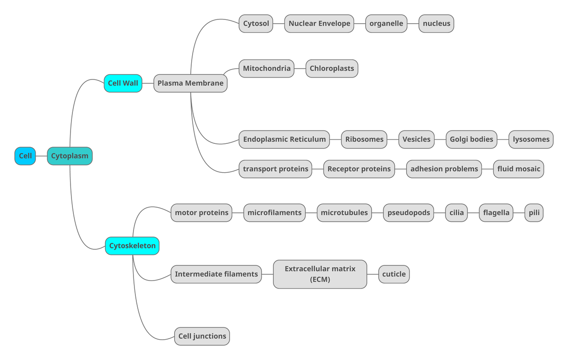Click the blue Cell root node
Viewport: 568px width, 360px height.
coord(25,156)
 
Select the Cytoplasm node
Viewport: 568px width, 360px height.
coord(70,156)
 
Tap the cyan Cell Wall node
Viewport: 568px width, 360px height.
coord(123,83)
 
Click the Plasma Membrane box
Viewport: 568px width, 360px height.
coord(190,83)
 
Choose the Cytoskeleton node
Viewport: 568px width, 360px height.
coord(132,246)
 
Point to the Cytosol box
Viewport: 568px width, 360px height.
coord(256,24)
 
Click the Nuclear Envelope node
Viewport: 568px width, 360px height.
coord(319,24)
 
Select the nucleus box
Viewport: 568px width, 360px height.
coord(436,24)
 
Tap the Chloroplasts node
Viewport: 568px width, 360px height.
coord(332,69)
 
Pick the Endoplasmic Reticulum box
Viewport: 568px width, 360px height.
coord(284,140)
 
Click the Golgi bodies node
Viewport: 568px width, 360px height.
coord(471,140)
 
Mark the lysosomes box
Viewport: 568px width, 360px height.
coord(531,140)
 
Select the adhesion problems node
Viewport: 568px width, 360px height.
coord(444,169)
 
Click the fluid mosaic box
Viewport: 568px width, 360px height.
coord(518,169)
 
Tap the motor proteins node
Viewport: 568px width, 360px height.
coord(202,213)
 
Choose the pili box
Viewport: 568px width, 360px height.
coord(534,213)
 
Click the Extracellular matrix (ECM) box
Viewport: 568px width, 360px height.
coord(320,274)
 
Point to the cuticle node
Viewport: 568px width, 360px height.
coord(394,274)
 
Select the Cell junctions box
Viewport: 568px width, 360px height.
coord(202,336)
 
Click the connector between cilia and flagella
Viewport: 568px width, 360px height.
coord(473,213)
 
